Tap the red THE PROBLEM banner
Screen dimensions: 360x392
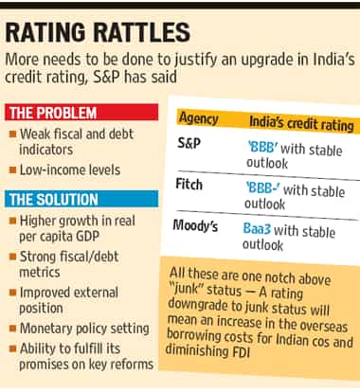[x=81, y=112]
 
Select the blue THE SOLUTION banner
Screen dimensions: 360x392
[x=81, y=199]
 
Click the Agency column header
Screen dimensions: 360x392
[x=199, y=118]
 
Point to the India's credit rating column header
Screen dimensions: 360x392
[x=301, y=123]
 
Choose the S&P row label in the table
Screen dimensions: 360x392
[x=189, y=144]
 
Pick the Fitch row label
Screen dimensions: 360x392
[x=189, y=184]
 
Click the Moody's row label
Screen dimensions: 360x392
[x=195, y=225]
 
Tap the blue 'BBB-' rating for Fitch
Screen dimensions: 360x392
[x=263, y=188]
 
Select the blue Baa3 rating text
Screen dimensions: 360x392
[x=257, y=228]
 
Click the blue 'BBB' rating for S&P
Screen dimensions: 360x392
[x=262, y=147]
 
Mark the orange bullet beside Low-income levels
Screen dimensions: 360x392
[x=13, y=170]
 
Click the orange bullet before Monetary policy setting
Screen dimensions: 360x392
[x=13, y=329]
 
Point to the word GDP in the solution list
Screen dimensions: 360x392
[x=86, y=236]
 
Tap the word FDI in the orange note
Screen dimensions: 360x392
[x=240, y=352]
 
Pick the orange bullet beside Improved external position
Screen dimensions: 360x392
[x=13, y=293]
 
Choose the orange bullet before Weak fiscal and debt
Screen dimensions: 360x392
[x=13, y=134]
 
